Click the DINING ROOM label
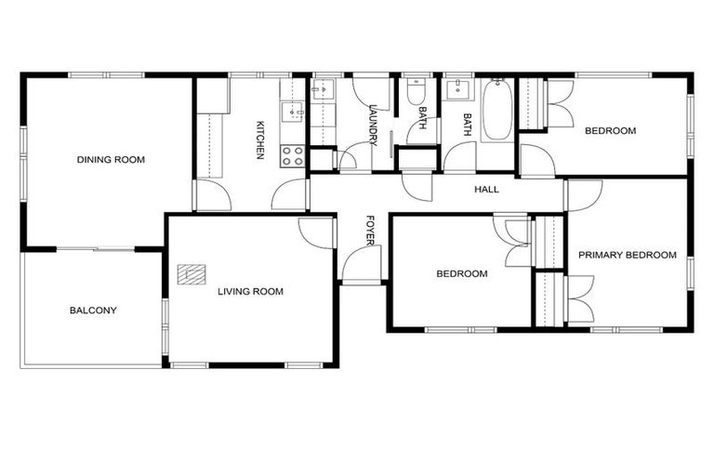click(x=111, y=160)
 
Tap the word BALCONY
click(x=93, y=311)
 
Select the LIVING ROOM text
click(x=250, y=291)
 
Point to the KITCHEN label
click(x=261, y=139)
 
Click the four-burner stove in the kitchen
click(x=293, y=155)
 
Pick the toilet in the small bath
click(x=416, y=92)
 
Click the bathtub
click(x=496, y=110)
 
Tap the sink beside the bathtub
click(x=456, y=90)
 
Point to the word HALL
click(x=486, y=190)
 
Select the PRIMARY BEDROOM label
click(x=627, y=255)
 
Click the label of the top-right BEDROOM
click(x=610, y=131)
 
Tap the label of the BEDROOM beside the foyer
click(x=462, y=273)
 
